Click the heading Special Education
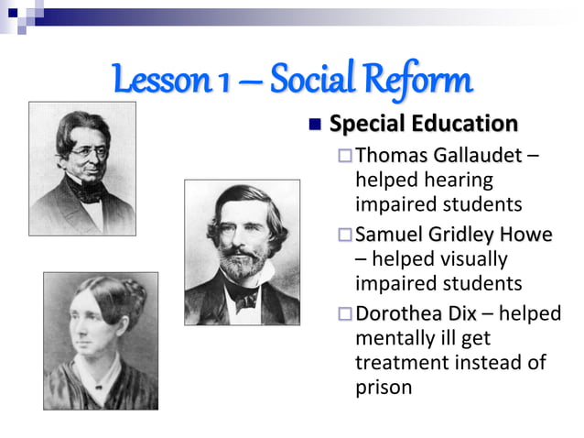[x=423, y=123]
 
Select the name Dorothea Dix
[x=416, y=314]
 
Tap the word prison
[x=384, y=387]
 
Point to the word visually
[x=464, y=259]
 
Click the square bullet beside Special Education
[x=316, y=124]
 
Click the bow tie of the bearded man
[x=243, y=297]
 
